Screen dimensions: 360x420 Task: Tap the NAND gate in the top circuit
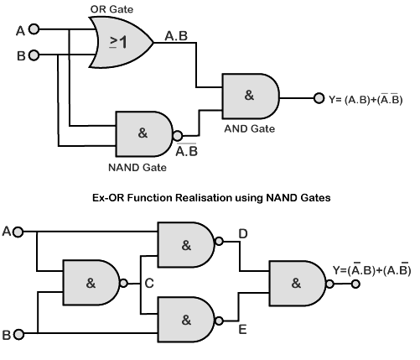[143, 133]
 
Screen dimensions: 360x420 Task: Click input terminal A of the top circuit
[34, 30]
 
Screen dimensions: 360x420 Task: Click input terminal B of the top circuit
[34, 55]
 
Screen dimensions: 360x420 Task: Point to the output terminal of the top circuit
[319, 97]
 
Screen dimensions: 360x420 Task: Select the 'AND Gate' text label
[248, 129]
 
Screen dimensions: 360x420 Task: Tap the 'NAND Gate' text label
[142, 167]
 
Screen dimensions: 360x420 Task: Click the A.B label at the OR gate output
[176, 35]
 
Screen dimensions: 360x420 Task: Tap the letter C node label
[148, 284]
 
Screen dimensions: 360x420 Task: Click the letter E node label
[242, 330]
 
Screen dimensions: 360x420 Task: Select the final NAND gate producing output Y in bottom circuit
[296, 283]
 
